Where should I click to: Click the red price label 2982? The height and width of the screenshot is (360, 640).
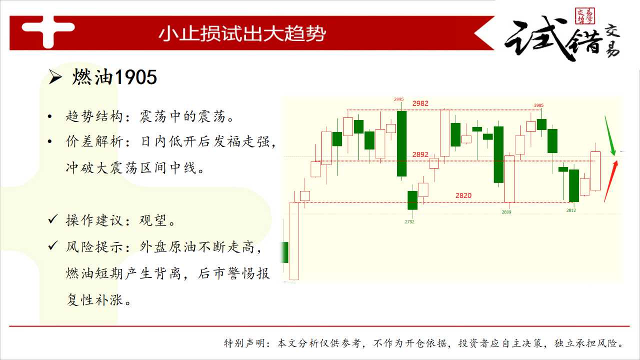pos(420,103)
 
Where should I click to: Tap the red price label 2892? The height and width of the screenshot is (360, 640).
pos(420,154)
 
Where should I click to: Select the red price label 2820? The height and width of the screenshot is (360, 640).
pos(463,195)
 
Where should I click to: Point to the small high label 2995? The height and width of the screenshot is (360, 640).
pos(399,99)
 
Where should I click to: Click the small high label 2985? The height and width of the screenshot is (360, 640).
pos(539,105)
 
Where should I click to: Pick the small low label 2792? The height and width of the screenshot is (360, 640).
pos(409,221)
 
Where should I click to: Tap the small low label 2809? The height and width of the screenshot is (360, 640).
pos(506,212)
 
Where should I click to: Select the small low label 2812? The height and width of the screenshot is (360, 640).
pos(571,210)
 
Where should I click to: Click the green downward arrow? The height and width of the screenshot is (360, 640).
pos(609,136)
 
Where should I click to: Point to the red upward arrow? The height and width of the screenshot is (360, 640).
pos(611,181)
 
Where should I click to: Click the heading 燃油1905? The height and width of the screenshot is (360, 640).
pos(114,77)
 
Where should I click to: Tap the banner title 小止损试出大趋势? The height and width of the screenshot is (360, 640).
pos(242,33)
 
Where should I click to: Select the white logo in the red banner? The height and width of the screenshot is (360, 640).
pos(48,31)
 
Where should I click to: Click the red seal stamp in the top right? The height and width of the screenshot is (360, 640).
pos(584,15)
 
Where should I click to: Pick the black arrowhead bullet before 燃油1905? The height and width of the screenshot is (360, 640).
pos(55,77)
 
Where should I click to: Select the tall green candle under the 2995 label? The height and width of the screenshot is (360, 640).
pos(401,143)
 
